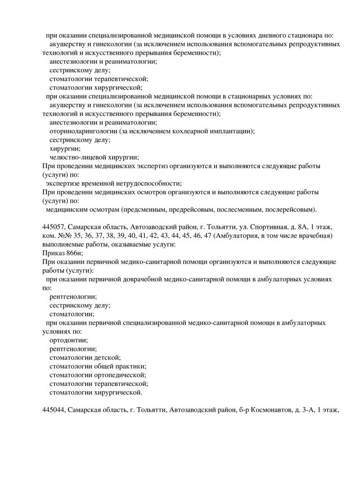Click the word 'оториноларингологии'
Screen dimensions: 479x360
pos(83,131)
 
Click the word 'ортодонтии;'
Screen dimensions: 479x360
pos(68,340)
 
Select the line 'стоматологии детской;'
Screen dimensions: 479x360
pos(85,358)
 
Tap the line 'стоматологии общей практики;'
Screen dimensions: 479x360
pos(98,367)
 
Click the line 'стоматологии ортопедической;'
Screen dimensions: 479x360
pos(98,375)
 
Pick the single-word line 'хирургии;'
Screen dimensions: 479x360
pos(65,148)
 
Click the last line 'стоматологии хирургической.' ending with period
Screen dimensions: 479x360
pos(95,393)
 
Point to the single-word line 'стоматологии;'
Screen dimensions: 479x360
pos(72,314)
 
